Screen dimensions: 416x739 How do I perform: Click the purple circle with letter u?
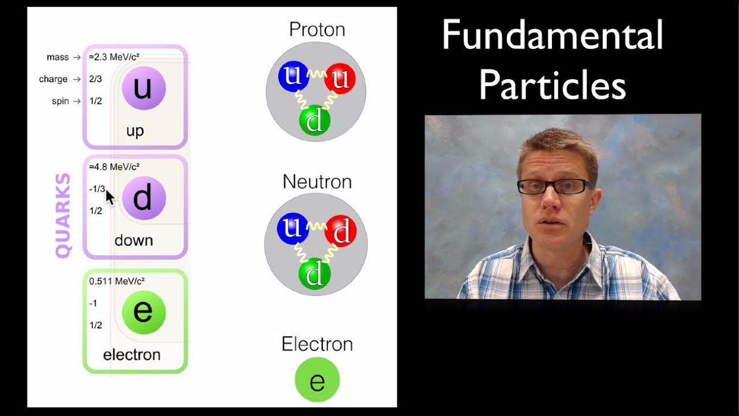(x=144, y=88)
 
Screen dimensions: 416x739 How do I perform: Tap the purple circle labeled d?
(x=144, y=198)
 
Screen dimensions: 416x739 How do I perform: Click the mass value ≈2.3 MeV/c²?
(x=114, y=57)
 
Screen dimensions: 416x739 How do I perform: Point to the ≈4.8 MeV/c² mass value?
(x=114, y=167)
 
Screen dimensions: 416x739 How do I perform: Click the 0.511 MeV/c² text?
(x=117, y=281)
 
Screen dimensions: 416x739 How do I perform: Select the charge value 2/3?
(x=95, y=79)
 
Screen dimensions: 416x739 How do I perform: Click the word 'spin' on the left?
(x=61, y=101)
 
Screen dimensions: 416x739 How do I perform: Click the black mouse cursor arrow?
(x=110, y=198)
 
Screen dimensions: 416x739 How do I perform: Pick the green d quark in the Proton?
(x=315, y=121)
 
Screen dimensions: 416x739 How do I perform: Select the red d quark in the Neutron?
(x=340, y=231)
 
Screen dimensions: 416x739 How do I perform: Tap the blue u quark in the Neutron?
(x=293, y=228)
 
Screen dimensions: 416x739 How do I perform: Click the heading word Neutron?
(x=316, y=181)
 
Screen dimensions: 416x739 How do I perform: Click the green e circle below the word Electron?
(x=317, y=380)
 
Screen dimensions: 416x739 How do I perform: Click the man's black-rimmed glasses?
(x=553, y=186)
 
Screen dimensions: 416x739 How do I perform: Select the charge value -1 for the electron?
(x=93, y=303)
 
